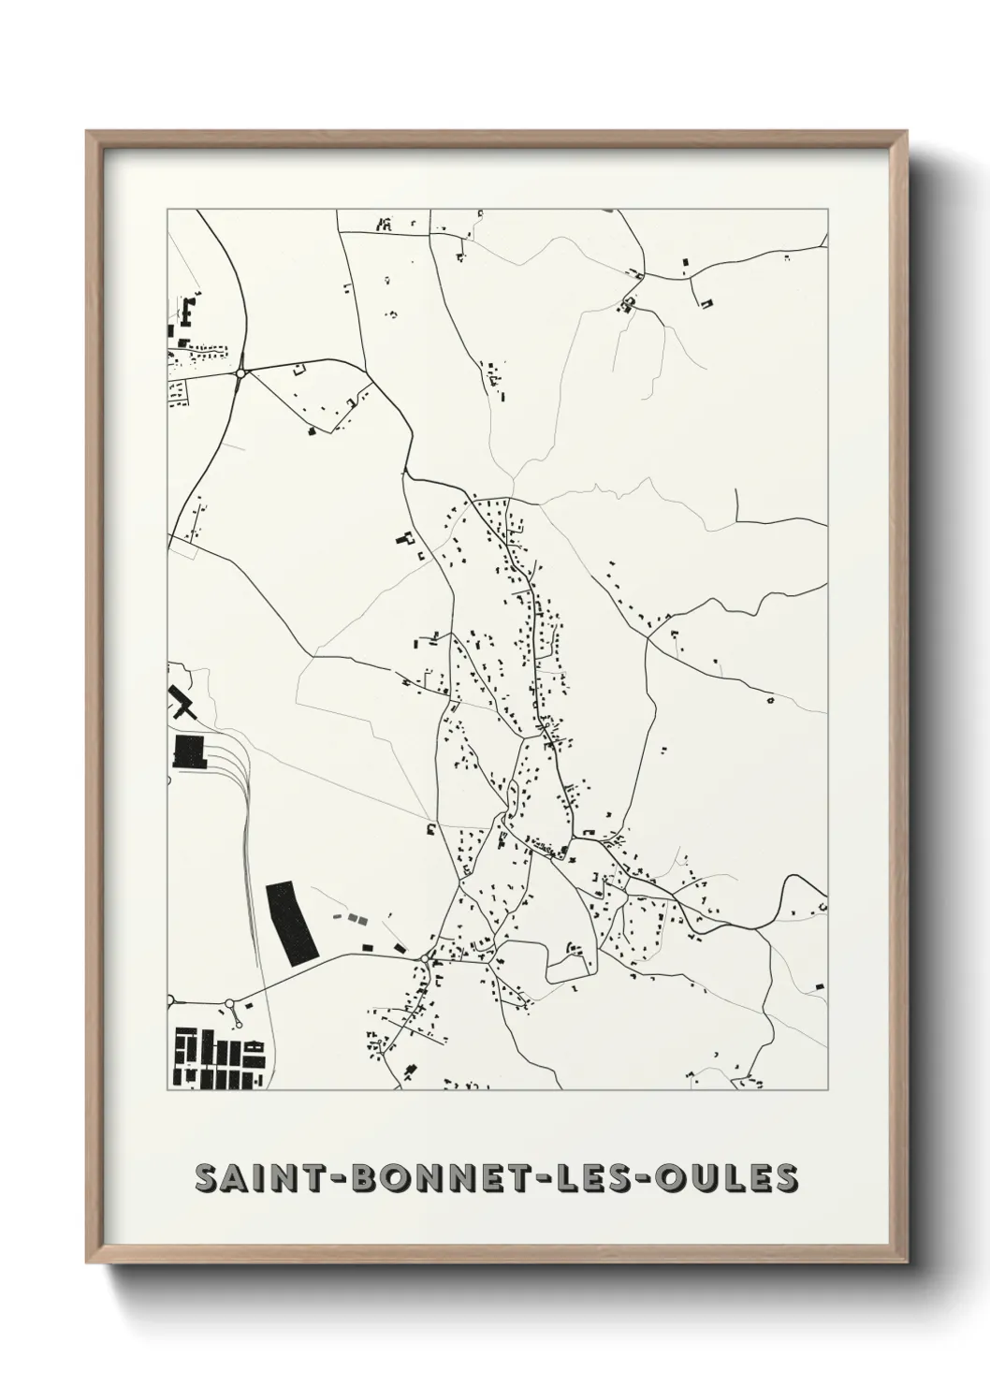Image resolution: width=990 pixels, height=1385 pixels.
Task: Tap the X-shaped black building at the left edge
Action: [182, 701]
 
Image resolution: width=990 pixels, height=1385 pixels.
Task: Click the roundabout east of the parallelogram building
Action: [426, 960]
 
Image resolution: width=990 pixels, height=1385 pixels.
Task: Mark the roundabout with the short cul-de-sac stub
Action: [229, 1005]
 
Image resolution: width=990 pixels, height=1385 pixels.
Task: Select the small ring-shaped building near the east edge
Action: [770, 698]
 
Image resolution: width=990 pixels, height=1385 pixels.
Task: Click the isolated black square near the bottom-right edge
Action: [820, 985]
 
